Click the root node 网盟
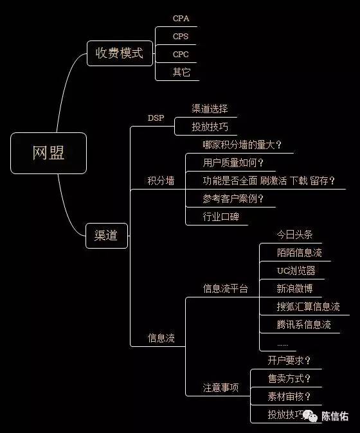pyautogui.click(x=48, y=153)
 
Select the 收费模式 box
pyautogui.click(x=120, y=53)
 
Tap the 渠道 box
pyautogui.click(x=106, y=236)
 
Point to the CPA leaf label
pyautogui.click(x=181, y=19)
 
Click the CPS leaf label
pyautogui.click(x=181, y=36)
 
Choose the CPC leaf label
pyautogui.click(x=181, y=54)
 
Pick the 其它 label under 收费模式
pyautogui.click(x=181, y=72)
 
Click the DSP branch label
pyautogui.click(x=156, y=118)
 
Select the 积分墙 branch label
pyautogui.click(x=161, y=181)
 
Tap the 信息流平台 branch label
pyautogui.click(x=226, y=288)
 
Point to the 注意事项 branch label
pyautogui.click(x=221, y=388)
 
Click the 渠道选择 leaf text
pyautogui.click(x=210, y=109)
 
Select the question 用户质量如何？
pyautogui.click(x=233, y=163)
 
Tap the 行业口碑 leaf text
pyautogui.click(x=221, y=216)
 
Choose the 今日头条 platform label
pyautogui.click(x=294, y=234)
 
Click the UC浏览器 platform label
pyautogui.click(x=296, y=270)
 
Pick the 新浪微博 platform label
pyautogui.click(x=294, y=288)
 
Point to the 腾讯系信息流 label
pyautogui.click(x=303, y=324)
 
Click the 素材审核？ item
pyautogui.click(x=289, y=396)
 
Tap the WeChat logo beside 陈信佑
pyautogui.click(x=310, y=416)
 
